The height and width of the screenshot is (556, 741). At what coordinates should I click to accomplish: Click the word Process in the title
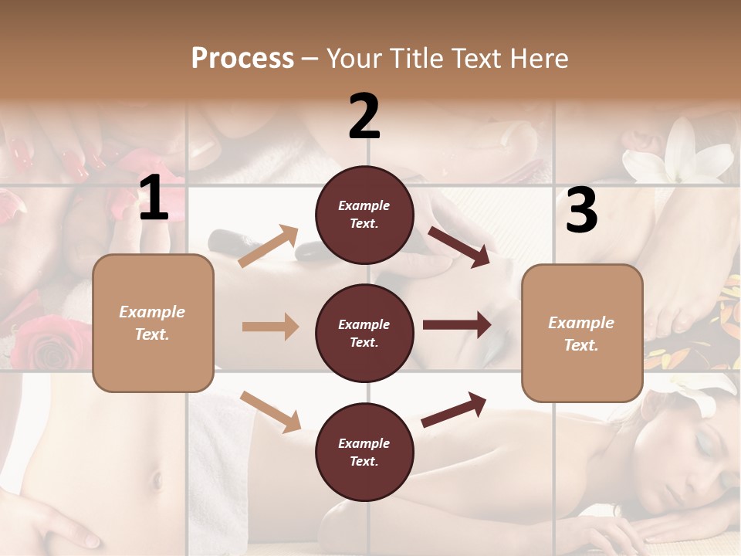[x=242, y=58]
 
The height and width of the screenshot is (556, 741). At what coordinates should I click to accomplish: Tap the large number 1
[x=154, y=198]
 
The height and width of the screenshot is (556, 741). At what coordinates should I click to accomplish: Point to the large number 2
[x=364, y=117]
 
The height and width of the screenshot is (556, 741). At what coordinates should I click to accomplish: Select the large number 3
[x=581, y=210]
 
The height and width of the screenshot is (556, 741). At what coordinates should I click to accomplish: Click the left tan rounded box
[x=153, y=323]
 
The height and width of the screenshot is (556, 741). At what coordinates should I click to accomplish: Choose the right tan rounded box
[x=582, y=333]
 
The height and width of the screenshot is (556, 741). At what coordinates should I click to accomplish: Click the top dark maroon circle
[x=364, y=214]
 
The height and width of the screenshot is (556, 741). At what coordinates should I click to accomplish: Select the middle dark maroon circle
[x=364, y=333]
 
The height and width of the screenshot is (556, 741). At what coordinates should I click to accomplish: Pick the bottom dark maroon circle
[x=364, y=452]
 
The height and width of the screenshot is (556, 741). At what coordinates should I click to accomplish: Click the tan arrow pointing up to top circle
[x=269, y=246]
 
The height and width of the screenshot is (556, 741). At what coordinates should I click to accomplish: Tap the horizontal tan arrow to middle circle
[x=270, y=327]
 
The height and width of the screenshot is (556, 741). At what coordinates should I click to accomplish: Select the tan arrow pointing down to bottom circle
[x=270, y=412]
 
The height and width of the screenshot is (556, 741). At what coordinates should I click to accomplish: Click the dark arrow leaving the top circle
[x=459, y=246]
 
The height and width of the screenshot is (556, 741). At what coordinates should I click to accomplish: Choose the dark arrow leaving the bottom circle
[x=455, y=409]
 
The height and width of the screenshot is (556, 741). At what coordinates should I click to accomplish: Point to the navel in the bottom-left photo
[x=157, y=480]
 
